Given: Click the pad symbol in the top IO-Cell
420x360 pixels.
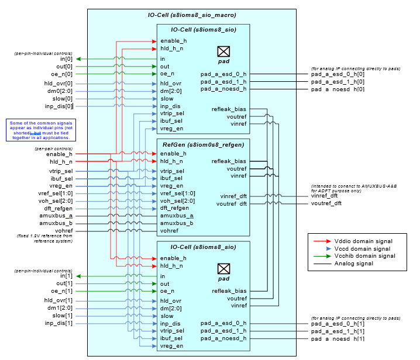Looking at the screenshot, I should coord(223,51).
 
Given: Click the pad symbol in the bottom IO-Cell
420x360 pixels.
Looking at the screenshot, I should coord(223,268).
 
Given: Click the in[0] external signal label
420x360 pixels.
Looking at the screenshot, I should coord(66,59).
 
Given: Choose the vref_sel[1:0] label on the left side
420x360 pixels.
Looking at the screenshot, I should coord(56,193).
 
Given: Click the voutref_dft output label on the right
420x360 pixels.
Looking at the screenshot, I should coord(326,203).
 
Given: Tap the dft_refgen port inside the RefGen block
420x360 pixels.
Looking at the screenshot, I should coord(174,208).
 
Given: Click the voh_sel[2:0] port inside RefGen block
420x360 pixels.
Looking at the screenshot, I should coord(177,200).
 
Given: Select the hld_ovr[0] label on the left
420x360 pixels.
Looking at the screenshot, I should coord(58,84).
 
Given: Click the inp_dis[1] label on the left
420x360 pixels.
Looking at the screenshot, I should coord(59,323).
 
